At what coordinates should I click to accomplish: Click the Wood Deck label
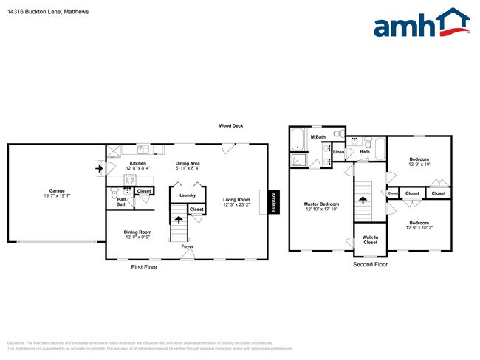pos(230,126)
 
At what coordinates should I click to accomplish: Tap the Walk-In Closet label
pos(370,240)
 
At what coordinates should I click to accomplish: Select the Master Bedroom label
pos(322,204)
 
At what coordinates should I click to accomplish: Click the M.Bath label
pos(318,137)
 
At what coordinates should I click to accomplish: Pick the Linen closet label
pos(338,153)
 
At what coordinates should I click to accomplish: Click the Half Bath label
pos(122,201)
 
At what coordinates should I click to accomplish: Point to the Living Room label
pos(237,199)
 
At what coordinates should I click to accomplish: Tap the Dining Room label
pos(138,232)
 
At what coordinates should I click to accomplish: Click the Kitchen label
pos(138,163)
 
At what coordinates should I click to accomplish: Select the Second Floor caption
pos(370,263)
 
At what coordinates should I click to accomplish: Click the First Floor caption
pos(144,267)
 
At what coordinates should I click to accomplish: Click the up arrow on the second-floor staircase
pos(362,196)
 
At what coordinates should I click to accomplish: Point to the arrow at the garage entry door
pos(98,168)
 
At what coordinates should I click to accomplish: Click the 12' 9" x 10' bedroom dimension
pos(419,164)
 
